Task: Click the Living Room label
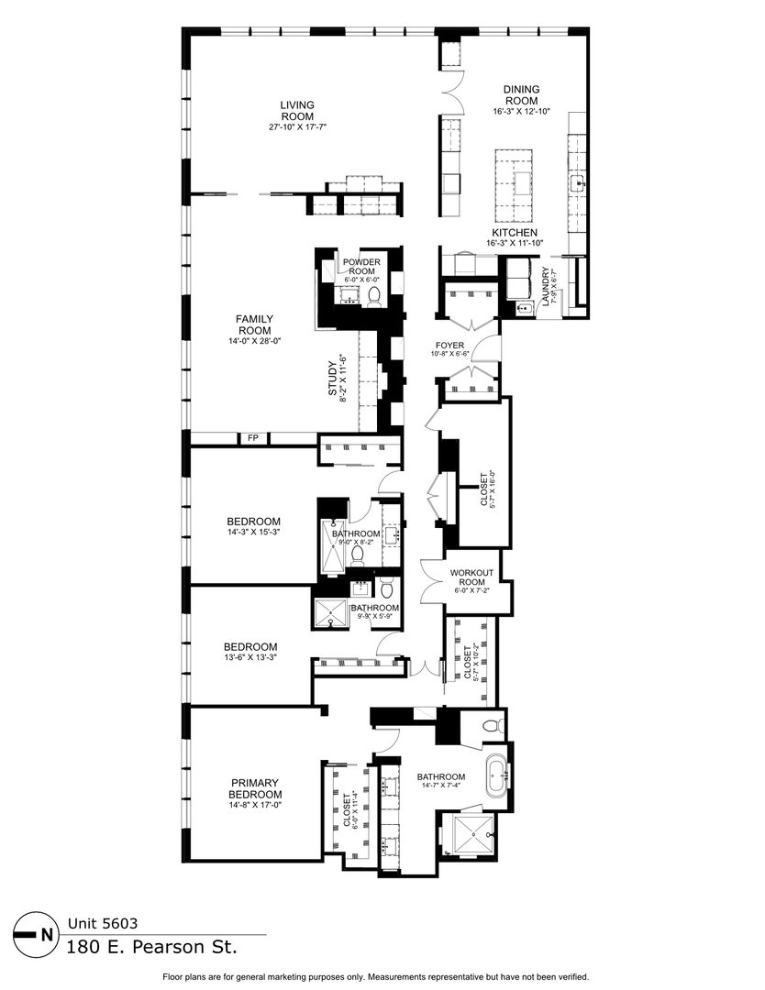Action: coord(296,110)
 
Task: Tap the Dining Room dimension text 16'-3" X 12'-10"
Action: coord(521,112)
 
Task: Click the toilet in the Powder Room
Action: coord(374,296)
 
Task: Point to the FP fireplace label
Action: coord(253,439)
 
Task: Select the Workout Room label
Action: coord(471,578)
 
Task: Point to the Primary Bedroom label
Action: coord(255,788)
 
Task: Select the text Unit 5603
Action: coord(103,924)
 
